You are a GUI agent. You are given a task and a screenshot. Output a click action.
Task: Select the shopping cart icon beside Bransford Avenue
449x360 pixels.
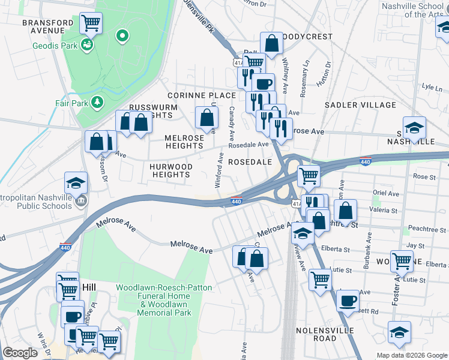coord(91,23)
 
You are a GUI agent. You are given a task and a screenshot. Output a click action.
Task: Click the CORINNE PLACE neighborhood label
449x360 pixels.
coord(201,95)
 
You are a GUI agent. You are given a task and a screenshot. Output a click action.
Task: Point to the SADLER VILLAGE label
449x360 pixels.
coord(360,105)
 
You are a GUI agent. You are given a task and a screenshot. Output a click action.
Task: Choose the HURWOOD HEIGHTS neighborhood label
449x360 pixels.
coord(171,170)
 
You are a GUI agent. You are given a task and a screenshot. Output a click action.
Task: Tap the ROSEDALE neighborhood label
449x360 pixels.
coord(250,162)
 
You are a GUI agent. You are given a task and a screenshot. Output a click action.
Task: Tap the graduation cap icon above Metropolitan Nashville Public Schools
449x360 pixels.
coord(76,182)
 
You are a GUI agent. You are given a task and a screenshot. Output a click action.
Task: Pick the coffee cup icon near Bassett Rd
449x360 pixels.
coord(346,300)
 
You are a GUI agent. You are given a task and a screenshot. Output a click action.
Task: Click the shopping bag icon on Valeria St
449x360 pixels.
coord(345,210)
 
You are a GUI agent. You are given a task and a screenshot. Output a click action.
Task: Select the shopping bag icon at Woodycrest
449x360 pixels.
coord(271,43)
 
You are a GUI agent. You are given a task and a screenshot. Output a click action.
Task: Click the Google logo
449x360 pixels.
coord(20,353)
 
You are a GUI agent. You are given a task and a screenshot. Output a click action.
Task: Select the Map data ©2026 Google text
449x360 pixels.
coord(411,355)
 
